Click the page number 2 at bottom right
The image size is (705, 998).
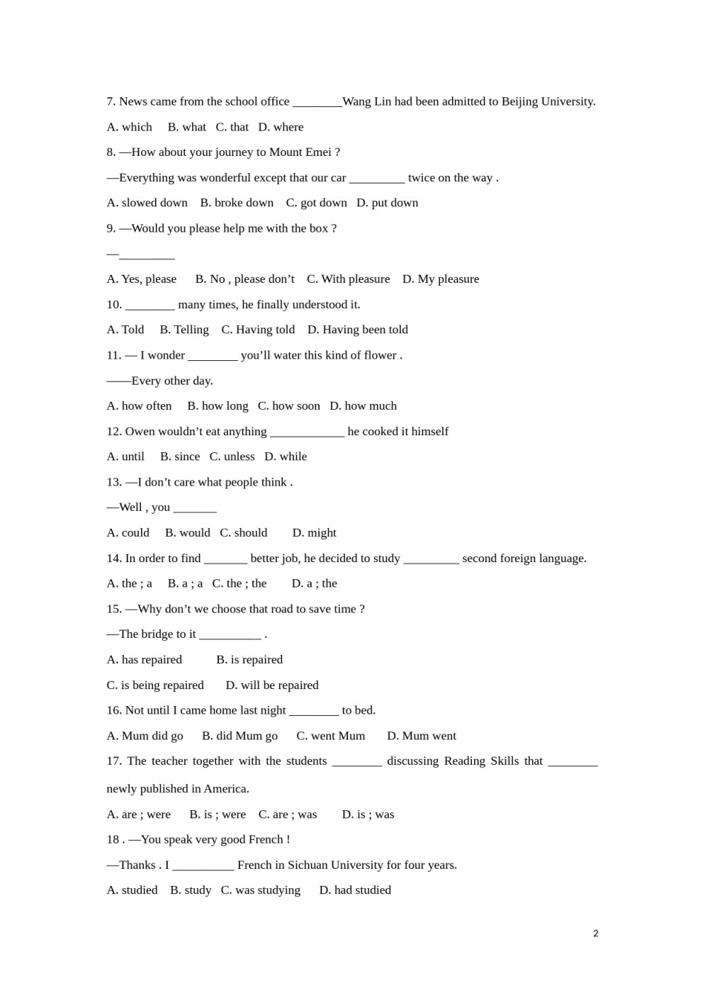click(x=595, y=933)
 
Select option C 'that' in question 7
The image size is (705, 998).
click(x=232, y=127)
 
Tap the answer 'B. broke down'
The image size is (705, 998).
click(x=237, y=203)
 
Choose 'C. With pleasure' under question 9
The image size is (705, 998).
click(x=348, y=279)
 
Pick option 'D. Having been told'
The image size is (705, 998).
click(x=358, y=330)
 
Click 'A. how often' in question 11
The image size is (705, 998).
click(x=140, y=406)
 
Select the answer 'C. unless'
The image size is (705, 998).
click(x=232, y=457)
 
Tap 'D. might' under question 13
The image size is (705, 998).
click(x=314, y=533)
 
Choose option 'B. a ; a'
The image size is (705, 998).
click(x=185, y=584)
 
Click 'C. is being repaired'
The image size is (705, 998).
click(x=155, y=685)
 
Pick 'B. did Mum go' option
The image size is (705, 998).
click(x=240, y=736)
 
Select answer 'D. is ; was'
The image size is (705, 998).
click(x=368, y=815)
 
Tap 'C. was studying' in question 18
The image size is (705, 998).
click(x=260, y=890)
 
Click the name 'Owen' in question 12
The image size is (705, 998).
click(x=140, y=431)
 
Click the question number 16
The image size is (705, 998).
click(x=114, y=711)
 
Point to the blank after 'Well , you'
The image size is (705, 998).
click(x=195, y=508)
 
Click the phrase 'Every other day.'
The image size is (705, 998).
click(x=172, y=381)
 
